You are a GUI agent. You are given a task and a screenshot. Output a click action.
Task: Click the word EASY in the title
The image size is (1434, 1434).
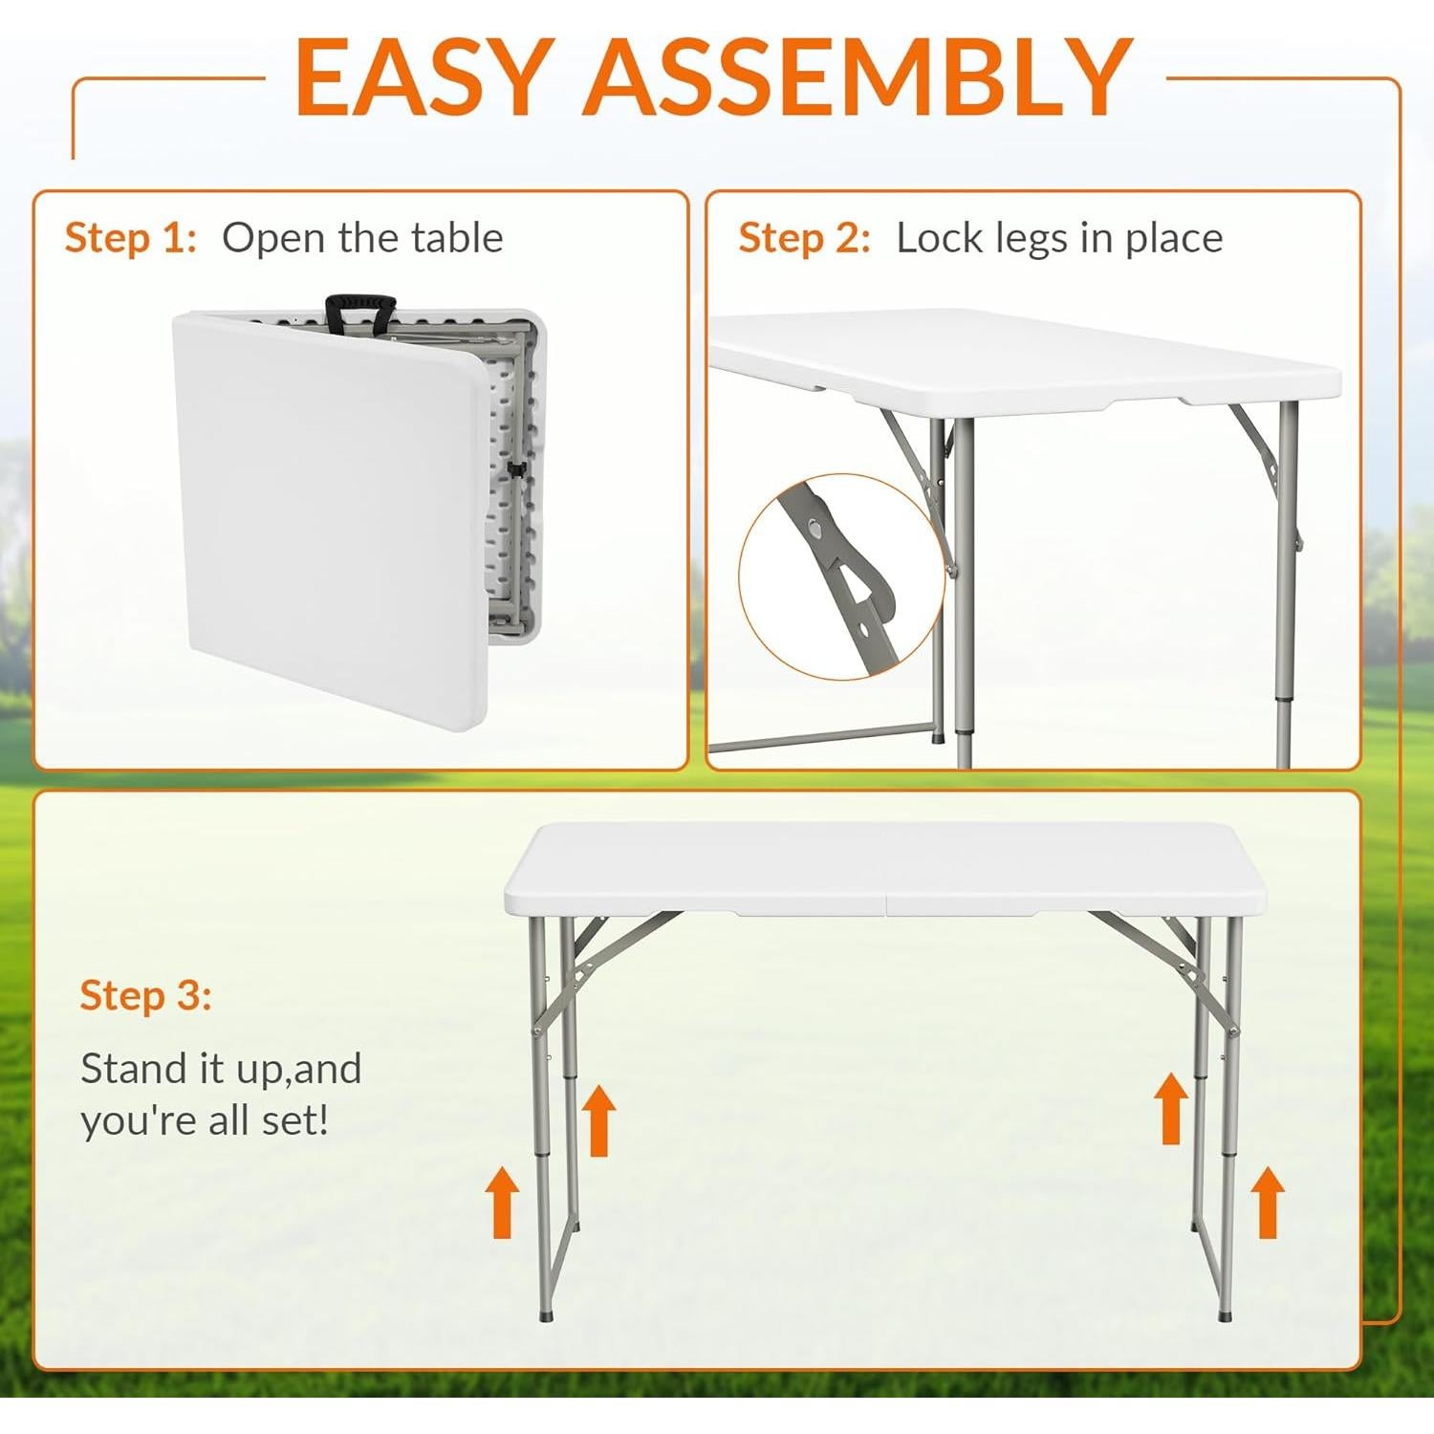coord(422,78)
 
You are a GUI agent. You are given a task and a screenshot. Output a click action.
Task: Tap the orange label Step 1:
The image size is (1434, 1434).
coord(130,238)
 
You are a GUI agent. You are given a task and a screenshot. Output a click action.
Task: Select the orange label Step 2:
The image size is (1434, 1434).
coord(804,238)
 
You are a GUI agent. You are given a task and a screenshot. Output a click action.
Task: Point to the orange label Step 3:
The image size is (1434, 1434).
coord(145,995)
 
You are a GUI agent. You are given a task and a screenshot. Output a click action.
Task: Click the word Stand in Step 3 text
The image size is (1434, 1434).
coord(133,1069)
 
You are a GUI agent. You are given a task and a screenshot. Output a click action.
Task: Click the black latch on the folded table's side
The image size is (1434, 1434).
coord(516,468)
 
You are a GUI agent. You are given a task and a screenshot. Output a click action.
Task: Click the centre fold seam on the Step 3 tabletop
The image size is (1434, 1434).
coord(885,865)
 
